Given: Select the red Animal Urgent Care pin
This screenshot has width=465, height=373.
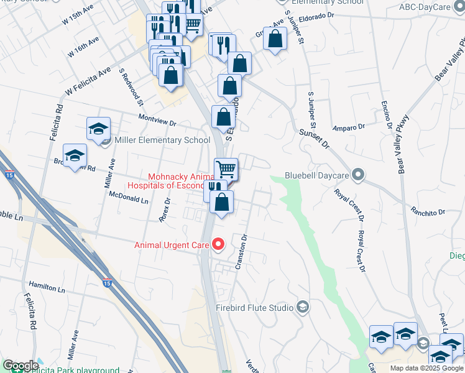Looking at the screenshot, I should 218,245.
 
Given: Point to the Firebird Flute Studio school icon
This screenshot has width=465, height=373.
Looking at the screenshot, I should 303,306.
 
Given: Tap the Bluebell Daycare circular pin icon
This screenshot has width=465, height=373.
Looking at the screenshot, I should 358,175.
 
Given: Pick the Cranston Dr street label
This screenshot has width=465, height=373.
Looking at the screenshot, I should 242,251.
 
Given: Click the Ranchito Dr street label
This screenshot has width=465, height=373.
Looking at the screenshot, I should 429,211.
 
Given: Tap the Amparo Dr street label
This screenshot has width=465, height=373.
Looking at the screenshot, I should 349,127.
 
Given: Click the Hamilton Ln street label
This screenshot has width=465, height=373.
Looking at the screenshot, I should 47,290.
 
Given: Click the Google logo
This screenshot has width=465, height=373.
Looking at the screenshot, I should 21,366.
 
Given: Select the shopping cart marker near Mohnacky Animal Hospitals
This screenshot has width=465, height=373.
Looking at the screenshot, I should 226,168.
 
